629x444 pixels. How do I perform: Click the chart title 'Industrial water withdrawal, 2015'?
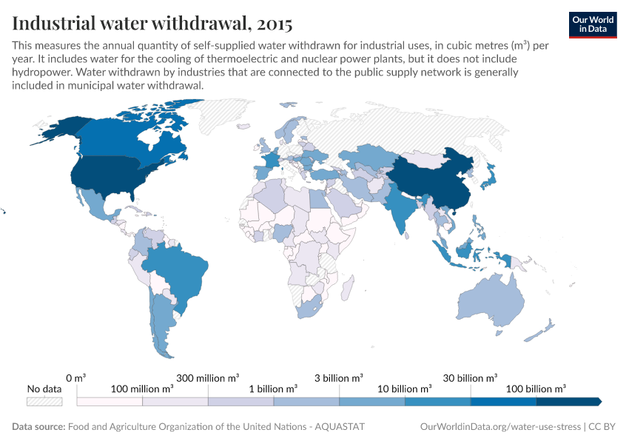coord(152,21)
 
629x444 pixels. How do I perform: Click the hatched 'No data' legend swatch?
coord(44,401)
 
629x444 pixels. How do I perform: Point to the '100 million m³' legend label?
coord(142,388)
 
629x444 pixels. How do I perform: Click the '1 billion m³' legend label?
coord(273,388)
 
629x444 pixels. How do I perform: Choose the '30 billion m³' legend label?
coord(471,377)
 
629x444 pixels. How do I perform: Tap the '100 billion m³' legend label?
coord(536,388)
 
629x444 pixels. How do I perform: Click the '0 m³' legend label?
coord(76,377)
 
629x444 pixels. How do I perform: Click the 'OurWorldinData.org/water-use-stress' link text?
coord(499,427)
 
